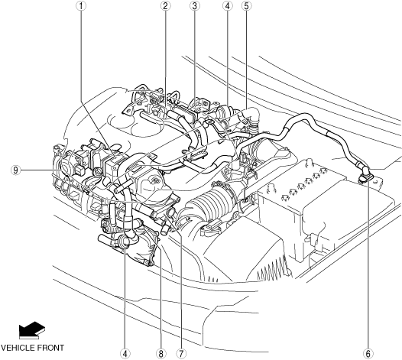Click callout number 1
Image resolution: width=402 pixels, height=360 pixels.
coord(81,6)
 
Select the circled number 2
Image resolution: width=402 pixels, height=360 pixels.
coord(165,6)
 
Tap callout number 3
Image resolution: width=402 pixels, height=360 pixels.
coord(194,6)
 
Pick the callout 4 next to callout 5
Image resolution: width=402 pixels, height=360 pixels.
coord(227,6)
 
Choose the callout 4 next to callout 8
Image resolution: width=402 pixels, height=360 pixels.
coord(125,354)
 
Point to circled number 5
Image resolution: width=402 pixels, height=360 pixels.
coord(246,6)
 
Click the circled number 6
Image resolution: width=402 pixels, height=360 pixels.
coord(368,354)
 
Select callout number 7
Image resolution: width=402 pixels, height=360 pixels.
coord(180,354)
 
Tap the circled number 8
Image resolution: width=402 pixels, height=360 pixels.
coord(160,354)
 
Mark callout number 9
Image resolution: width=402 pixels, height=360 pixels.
coord(15,170)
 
